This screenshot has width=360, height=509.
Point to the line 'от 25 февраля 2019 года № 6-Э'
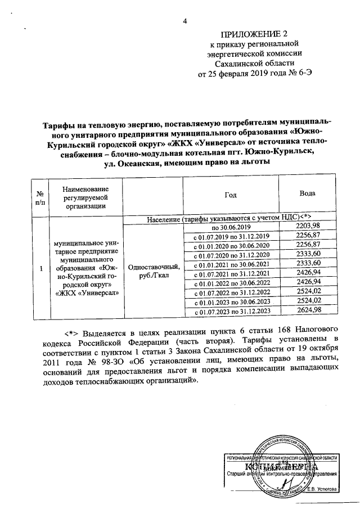click(250, 74)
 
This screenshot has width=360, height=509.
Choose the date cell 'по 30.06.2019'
click(230, 227)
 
